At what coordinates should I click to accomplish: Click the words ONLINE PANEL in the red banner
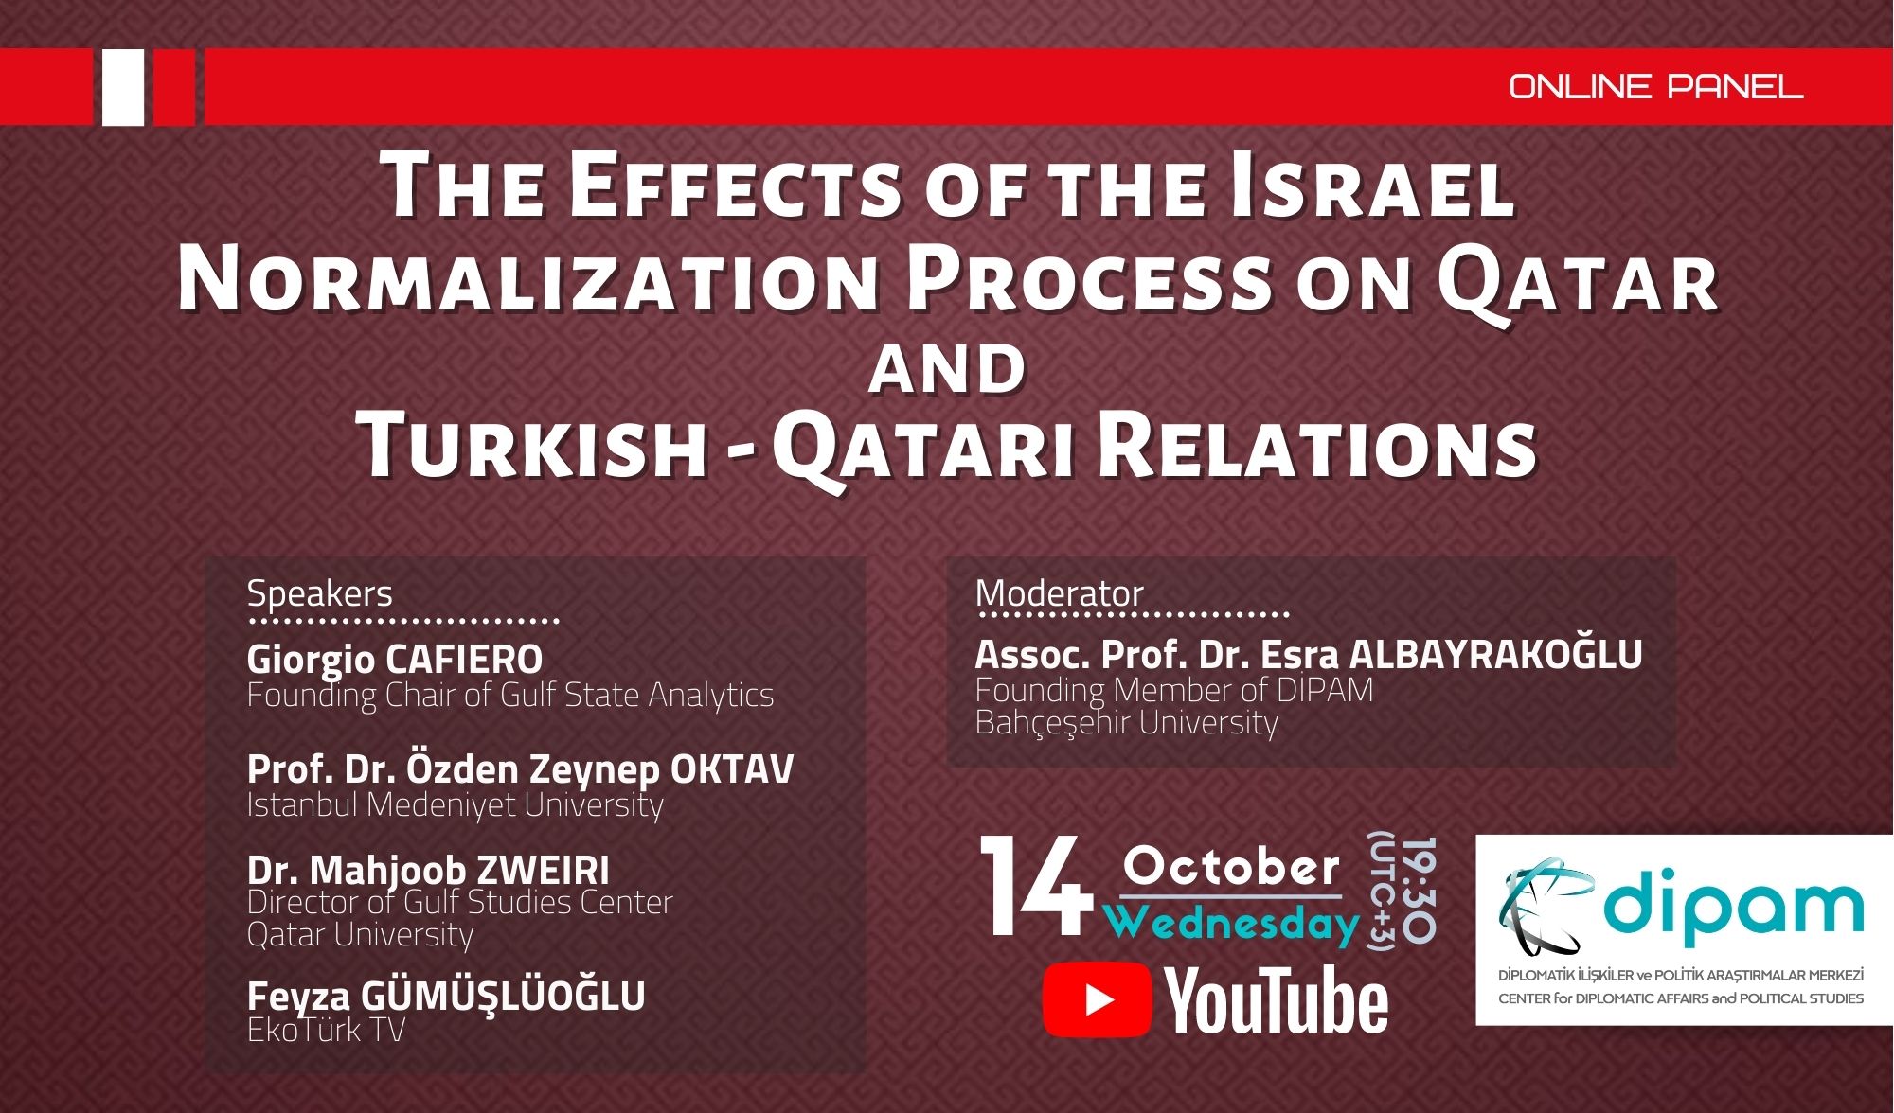tap(1655, 87)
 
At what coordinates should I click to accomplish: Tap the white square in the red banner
tap(123, 87)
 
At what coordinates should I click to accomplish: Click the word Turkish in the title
tap(537, 446)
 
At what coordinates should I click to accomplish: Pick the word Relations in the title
tap(1317, 446)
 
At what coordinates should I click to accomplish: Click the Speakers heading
tap(319, 593)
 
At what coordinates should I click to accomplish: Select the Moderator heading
tap(1060, 593)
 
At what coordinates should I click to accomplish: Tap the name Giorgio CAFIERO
tap(395, 659)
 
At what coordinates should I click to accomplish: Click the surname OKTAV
tap(732, 768)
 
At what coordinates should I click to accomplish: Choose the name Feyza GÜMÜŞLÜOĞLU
tap(446, 996)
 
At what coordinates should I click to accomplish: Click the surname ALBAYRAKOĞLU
tap(1496, 655)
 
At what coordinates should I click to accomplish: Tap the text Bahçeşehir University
tap(1127, 723)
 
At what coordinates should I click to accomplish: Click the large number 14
tap(1036, 887)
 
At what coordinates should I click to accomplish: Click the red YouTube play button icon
tap(1097, 1000)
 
